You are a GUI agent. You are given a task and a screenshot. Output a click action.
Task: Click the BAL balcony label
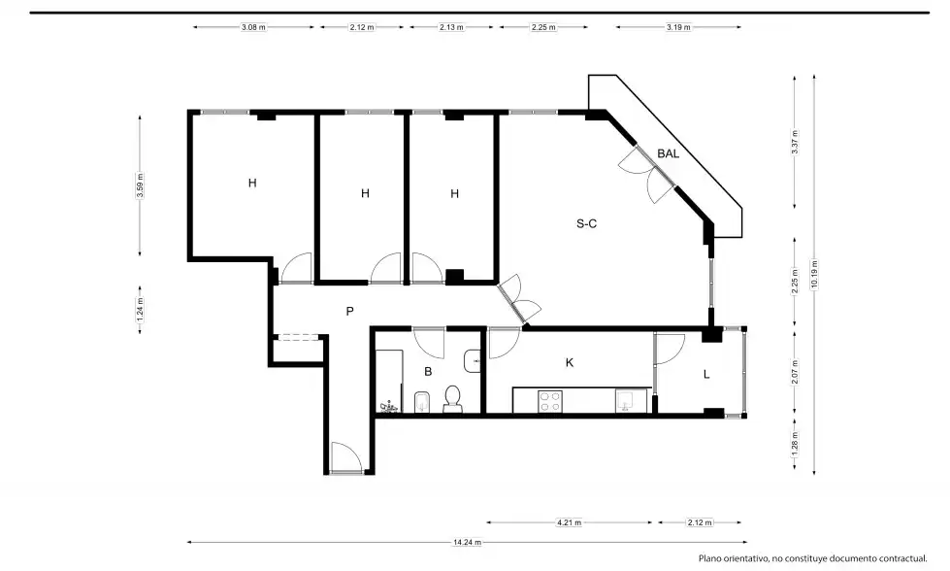[668, 154]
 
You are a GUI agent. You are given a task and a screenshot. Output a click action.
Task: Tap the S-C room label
[586, 223]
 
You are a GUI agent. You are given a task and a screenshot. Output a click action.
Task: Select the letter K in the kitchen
[570, 362]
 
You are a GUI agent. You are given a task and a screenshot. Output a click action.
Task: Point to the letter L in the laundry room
[706, 375]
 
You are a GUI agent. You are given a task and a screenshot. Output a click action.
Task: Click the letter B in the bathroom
[428, 372]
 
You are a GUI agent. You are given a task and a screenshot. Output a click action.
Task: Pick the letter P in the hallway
[349, 312]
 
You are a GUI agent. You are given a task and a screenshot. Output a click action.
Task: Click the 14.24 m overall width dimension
[467, 543]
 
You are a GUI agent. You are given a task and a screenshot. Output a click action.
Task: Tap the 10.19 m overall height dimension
[814, 275]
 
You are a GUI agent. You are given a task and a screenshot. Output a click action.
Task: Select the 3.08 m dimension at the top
[253, 27]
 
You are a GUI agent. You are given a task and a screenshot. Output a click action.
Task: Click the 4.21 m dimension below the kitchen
[570, 522]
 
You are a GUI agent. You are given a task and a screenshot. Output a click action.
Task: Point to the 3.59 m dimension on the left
[140, 185]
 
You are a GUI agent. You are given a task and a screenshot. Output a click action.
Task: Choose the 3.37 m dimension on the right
[795, 142]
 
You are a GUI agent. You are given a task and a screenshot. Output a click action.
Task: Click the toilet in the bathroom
[452, 398]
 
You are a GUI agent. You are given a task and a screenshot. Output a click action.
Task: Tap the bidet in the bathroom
[422, 402]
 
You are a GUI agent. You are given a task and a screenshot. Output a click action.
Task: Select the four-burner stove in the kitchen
[550, 401]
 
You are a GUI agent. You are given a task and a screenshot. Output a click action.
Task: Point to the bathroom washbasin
[473, 361]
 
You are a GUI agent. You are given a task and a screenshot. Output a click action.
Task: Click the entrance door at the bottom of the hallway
[346, 457]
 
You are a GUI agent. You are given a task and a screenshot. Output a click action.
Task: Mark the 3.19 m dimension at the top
[678, 27]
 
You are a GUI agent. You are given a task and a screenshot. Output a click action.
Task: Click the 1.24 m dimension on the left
[140, 309]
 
